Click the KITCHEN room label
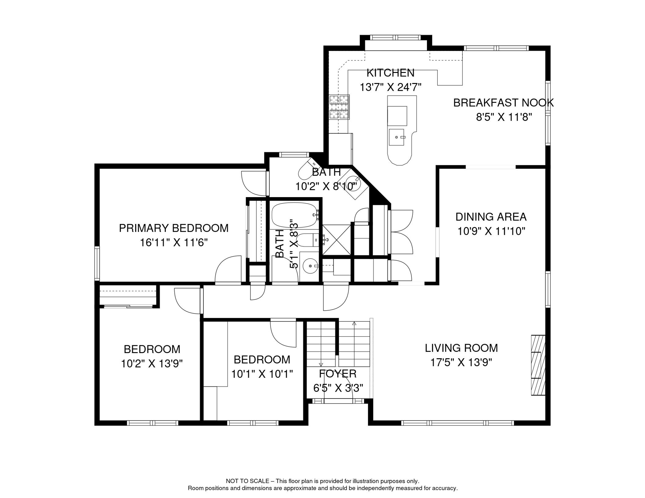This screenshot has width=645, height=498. (390, 73)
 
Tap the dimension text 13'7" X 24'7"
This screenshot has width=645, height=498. (390, 87)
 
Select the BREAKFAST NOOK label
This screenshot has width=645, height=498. (503, 103)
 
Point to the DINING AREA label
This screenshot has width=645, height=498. (491, 217)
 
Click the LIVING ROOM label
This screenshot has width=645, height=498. (461, 348)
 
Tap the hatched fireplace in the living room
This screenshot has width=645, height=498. (538, 365)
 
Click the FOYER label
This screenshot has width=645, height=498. (337, 374)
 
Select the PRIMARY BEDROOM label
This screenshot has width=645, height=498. (174, 228)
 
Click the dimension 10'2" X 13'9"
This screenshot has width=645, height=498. (152, 364)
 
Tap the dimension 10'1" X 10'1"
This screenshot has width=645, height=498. (262, 374)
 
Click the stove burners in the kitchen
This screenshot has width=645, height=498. (339, 107)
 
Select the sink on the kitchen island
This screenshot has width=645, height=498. (397, 137)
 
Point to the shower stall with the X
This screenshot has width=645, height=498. (336, 240)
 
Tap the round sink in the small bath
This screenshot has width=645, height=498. (310, 266)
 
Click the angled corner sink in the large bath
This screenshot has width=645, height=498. (352, 184)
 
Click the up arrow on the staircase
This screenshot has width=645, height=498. (354, 324)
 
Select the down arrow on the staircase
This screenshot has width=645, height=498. (321, 364)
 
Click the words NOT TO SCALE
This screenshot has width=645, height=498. (247, 481)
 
